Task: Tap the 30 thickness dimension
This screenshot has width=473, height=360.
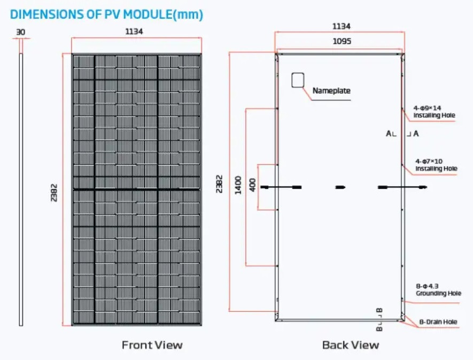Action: (x=21, y=32)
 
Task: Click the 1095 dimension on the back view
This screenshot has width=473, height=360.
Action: (x=342, y=42)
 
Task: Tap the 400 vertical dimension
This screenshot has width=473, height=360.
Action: (x=252, y=185)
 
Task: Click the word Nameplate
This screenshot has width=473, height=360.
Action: (x=331, y=91)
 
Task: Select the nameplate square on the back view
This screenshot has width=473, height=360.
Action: (x=298, y=80)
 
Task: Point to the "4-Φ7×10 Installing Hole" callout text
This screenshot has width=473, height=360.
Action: (x=436, y=165)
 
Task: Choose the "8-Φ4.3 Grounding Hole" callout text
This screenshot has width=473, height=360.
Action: (x=438, y=290)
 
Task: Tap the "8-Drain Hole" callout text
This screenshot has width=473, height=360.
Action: (x=438, y=322)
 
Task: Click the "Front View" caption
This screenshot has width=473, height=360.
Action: (x=152, y=345)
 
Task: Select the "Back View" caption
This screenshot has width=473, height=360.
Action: (x=350, y=345)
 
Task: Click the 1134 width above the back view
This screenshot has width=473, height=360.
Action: (x=342, y=26)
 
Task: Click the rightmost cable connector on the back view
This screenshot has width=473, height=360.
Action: (x=422, y=187)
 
